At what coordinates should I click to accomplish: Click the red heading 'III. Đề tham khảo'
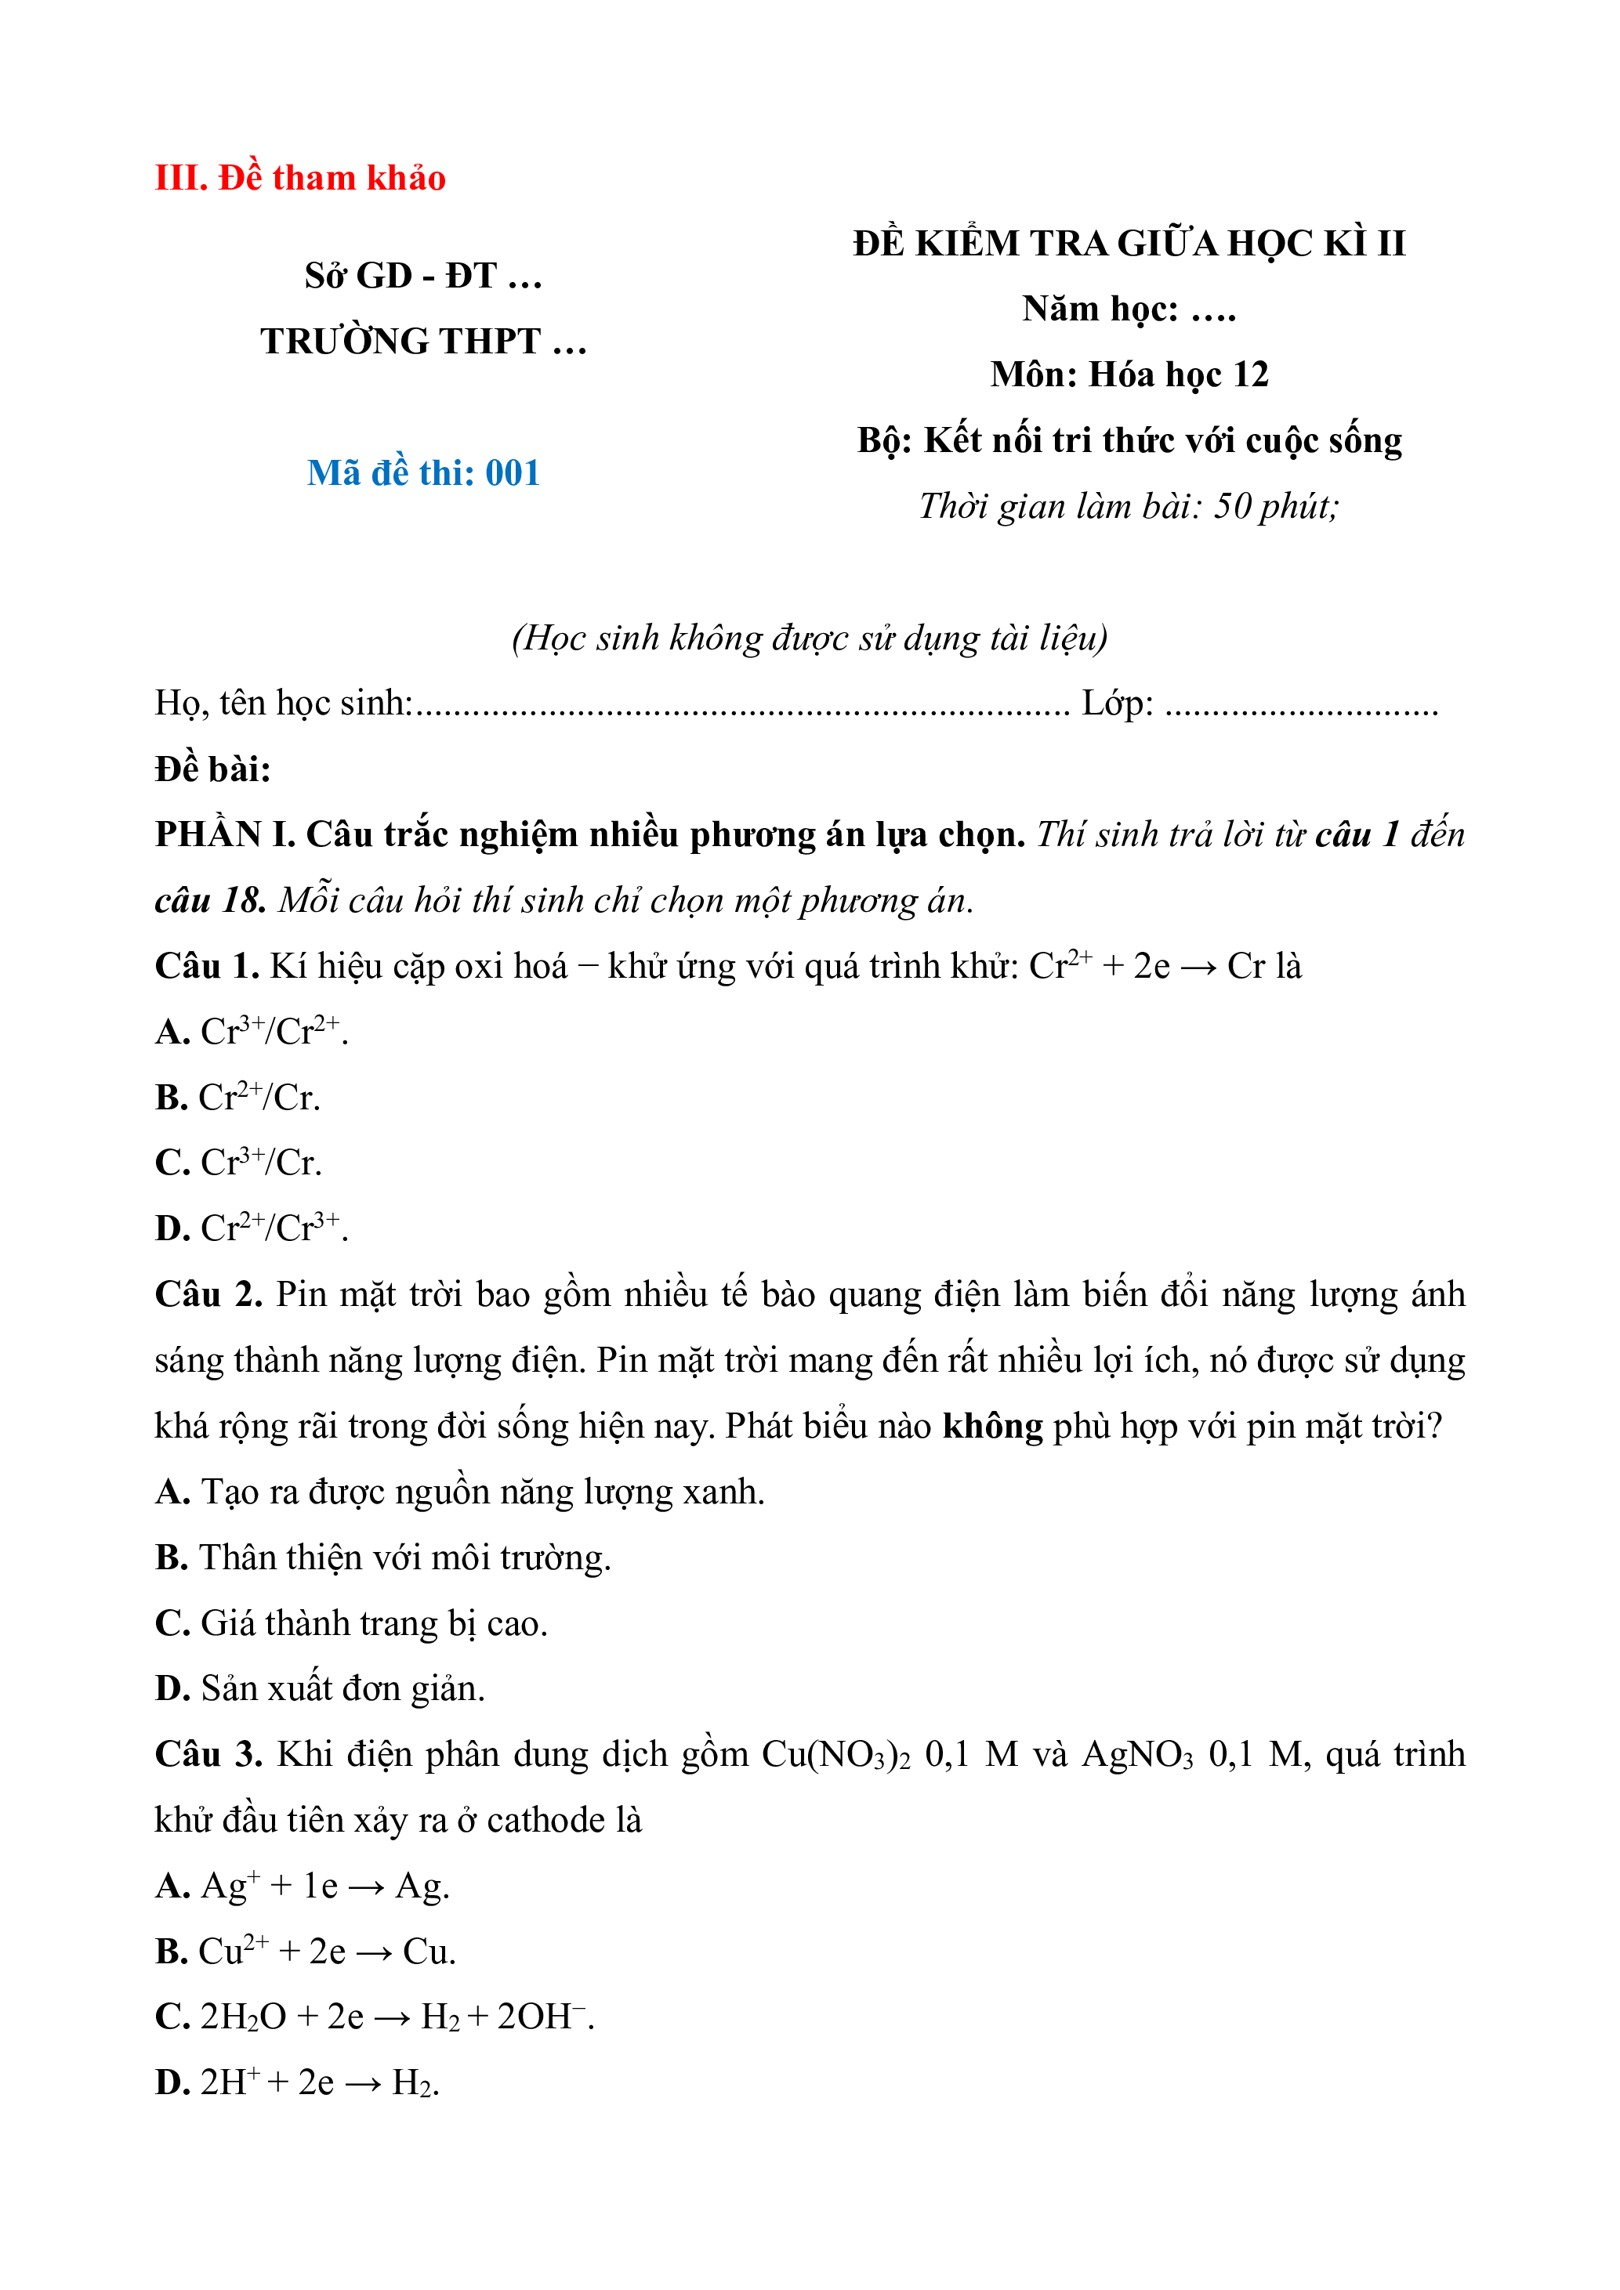pos(300,178)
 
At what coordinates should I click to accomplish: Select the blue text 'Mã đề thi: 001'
pos(423,472)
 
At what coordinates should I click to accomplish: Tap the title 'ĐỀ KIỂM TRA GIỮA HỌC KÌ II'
pos(1129,244)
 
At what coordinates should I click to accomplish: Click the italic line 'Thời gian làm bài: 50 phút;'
pos(1129,507)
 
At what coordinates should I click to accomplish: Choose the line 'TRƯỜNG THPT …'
pos(423,341)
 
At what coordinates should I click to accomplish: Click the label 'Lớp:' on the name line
pos(1118,704)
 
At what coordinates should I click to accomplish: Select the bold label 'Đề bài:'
pos(212,769)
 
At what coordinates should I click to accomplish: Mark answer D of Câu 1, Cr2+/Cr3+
pos(252,1228)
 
